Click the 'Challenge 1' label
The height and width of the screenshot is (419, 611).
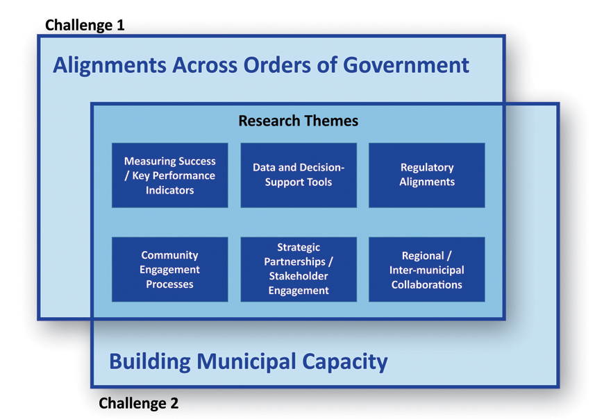[85, 25]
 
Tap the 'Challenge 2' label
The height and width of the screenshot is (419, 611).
[138, 403]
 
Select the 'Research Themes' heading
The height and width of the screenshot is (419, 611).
[298, 121]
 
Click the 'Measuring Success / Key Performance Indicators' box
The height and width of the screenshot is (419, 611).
[170, 176]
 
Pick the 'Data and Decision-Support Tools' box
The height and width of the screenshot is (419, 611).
[299, 176]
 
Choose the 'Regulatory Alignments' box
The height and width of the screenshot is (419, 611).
[427, 176]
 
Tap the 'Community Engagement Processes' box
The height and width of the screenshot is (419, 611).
[170, 269]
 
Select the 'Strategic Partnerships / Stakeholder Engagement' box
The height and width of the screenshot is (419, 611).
[299, 269]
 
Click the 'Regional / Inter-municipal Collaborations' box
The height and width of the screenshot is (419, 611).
[427, 269]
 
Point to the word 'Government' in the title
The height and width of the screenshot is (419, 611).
[406, 65]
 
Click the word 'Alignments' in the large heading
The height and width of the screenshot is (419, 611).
[110, 65]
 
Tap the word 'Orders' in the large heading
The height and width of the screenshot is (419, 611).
[277, 65]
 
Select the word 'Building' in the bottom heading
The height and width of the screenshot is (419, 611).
[150, 361]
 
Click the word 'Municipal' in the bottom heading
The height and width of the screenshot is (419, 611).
[246, 361]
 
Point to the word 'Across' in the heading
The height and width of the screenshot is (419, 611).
[205, 65]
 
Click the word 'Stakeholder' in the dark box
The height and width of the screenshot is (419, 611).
[299, 276]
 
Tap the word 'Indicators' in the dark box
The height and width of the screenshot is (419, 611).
[170, 190]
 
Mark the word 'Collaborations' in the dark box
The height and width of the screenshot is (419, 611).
[427, 284]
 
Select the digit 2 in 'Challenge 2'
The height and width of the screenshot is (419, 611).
[174, 403]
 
